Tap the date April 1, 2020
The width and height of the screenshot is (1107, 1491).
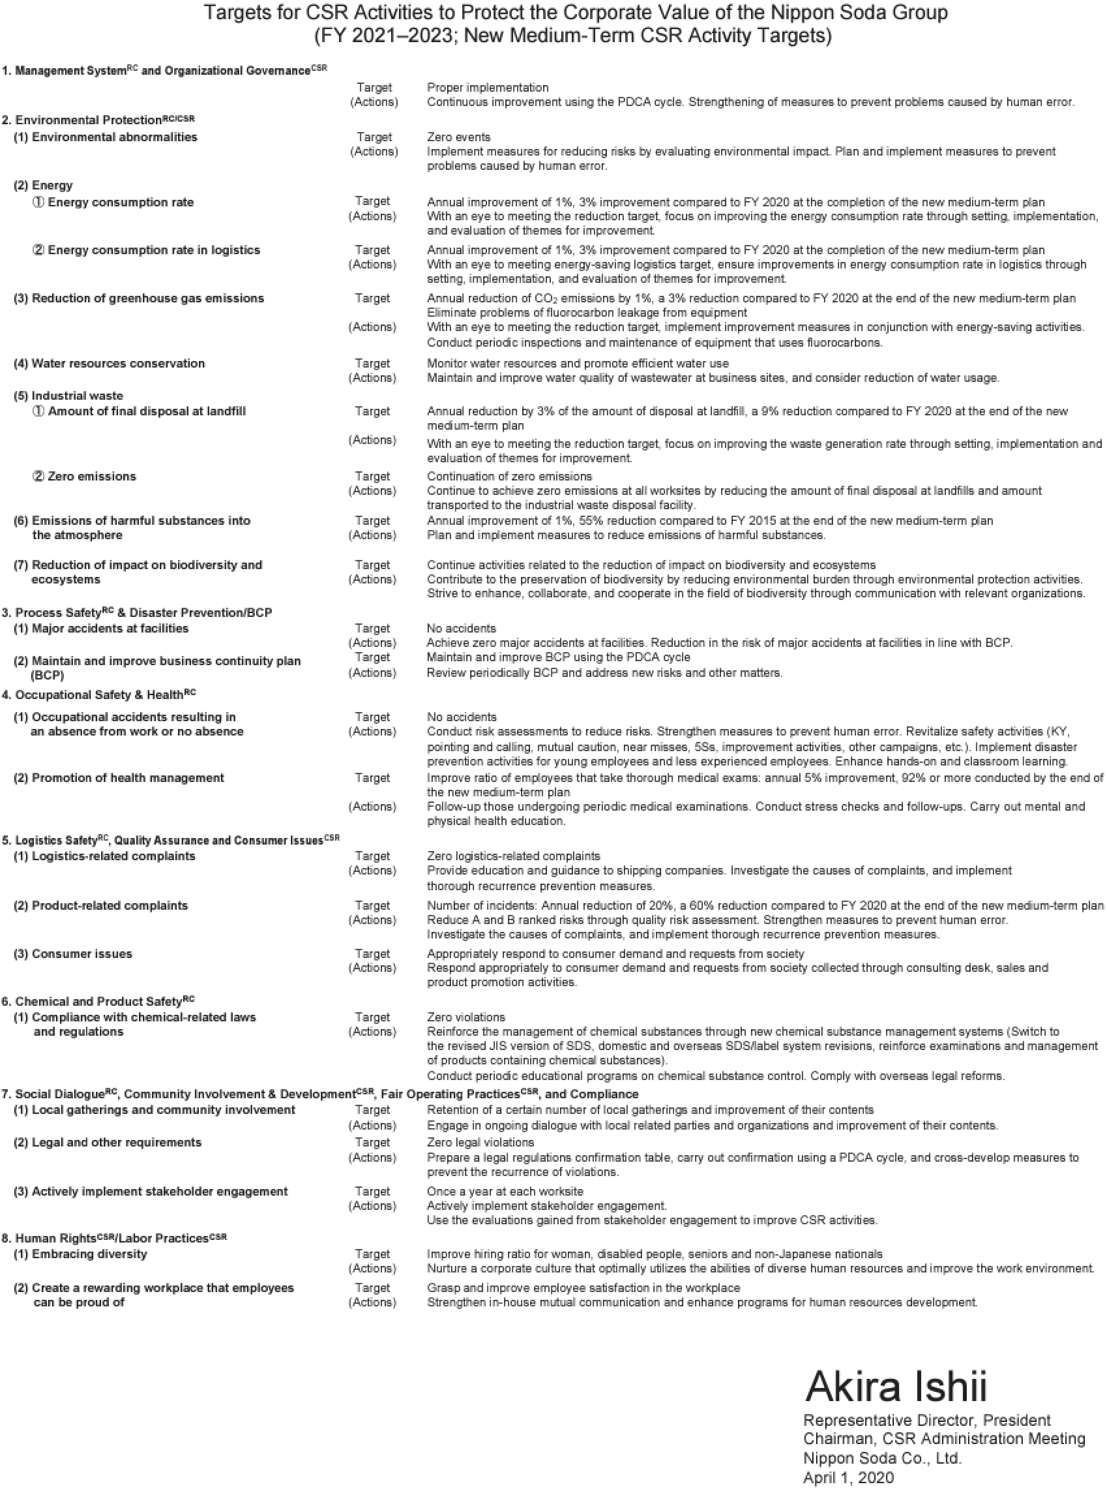848,1477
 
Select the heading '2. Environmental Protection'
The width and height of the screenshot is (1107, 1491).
98,120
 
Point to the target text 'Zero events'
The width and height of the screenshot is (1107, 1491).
458,137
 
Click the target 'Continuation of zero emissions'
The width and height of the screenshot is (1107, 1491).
509,476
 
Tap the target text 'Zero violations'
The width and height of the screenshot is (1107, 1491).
466,1017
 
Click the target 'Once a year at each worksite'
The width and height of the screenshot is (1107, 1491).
504,1191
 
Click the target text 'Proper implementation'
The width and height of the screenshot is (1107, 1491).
487,87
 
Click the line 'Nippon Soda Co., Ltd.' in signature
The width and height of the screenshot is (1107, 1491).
882,1458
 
